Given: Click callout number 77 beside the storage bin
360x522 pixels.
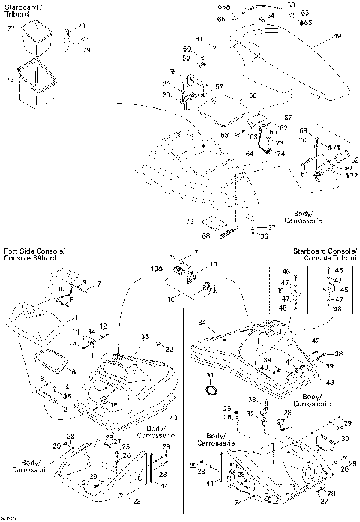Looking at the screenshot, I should coord(10,28).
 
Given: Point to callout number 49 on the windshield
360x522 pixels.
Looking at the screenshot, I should coord(336,36).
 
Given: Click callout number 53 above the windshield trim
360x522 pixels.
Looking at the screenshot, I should coord(290,4).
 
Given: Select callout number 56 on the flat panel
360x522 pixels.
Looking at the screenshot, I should coord(232,96).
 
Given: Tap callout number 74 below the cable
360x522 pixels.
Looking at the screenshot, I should coord(280,153).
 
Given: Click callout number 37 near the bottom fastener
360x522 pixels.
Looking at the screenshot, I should coord(272,226).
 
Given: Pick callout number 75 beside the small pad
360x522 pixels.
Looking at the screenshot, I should coord(190,221).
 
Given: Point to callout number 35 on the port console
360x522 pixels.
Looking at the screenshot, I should coord(145,336).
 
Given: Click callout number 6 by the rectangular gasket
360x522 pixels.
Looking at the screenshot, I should coord(73,370).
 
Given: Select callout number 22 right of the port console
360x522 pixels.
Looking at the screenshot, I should coord(169,349).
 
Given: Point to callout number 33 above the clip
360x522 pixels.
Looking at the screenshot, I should coord(252,399).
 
